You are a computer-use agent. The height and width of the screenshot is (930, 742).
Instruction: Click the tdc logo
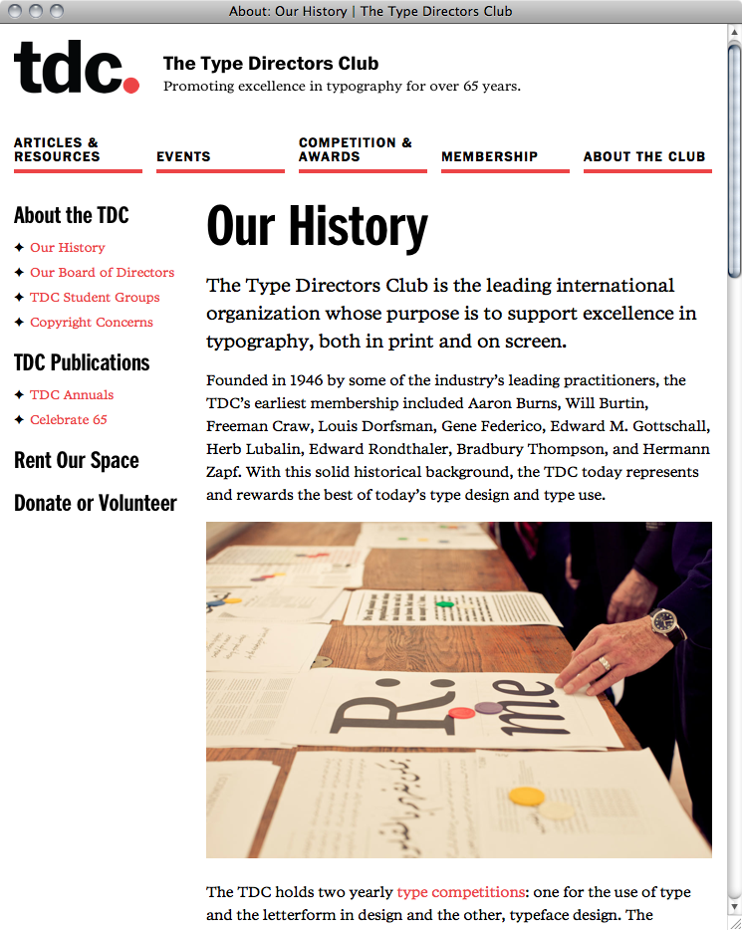[x=76, y=67]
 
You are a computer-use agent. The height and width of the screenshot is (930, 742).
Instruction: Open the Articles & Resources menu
[x=57, y=149]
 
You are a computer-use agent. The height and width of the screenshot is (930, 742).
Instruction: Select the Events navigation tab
[x=183, y=156]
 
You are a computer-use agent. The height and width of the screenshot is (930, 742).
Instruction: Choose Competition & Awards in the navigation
[x=355, y=149]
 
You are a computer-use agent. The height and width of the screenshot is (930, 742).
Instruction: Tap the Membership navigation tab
[x=489, y=156]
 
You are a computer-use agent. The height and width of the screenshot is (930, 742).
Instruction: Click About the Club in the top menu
[x=644, y=156]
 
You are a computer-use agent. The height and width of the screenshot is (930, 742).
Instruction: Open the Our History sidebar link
[x=67, y=248]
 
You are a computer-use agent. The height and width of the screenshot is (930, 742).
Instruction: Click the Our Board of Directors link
[x=102, y=273]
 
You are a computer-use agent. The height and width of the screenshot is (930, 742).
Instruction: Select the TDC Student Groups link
[x=95, y=298]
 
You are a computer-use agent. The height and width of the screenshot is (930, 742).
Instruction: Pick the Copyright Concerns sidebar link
[x=92, y=323]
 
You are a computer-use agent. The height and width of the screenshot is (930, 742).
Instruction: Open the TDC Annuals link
[x=72, y=395]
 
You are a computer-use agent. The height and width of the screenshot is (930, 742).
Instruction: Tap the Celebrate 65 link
[x=69, y=420]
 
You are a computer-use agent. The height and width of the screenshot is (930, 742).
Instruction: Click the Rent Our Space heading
[x=77, y=461]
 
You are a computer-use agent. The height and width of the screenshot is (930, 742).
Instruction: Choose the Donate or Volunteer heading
[x=96, y=504]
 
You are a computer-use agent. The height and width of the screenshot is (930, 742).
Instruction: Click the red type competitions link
[x=460, y=892]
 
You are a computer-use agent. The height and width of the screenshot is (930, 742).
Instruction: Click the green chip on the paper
[x=445, y=603]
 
